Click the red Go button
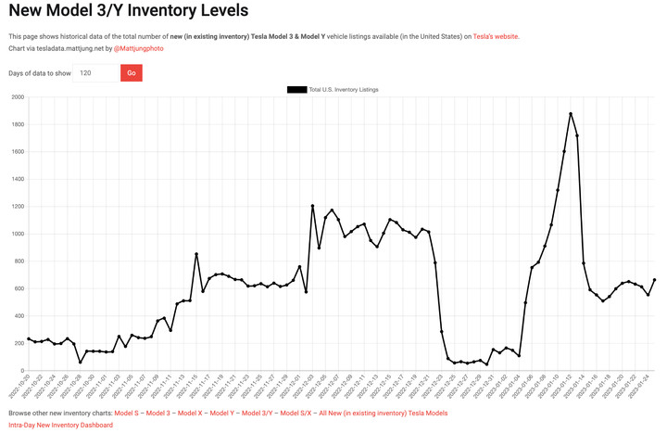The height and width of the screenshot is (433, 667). point(131,72)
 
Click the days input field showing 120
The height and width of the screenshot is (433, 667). point(96,72)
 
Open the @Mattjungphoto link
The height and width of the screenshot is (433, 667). point(138,47)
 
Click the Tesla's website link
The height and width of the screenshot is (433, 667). point(496,36)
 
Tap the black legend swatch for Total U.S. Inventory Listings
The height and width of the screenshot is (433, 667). point(296,89)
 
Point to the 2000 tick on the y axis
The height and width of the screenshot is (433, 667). point(17,97)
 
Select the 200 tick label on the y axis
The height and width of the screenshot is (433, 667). point(19,343)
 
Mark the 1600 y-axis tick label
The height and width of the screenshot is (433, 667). point(17,152)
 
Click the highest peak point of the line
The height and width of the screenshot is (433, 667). point(571,114)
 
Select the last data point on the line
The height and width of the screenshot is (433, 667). point(655,280)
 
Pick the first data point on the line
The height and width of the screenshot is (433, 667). point(29,339)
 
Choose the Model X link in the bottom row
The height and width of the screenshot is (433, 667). point(190,413)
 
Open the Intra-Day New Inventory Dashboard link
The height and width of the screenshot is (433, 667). point(60,425)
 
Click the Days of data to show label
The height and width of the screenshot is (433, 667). point(39,72)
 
